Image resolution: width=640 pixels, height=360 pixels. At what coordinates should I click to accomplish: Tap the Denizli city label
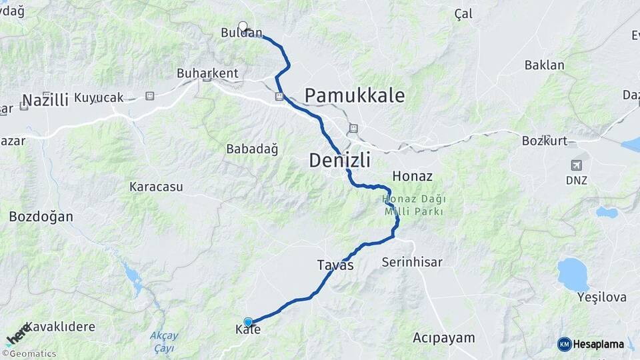click(339, 160)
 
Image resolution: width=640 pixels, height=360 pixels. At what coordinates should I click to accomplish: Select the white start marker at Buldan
click(243, 27)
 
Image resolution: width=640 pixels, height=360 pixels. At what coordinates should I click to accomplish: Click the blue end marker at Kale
click(248, 322)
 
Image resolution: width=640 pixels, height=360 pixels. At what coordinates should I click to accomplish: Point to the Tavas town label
click(335, 265)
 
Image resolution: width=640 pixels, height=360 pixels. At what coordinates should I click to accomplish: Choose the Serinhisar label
click(411, 262)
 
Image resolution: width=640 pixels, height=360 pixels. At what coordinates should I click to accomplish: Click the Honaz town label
click(413, 177)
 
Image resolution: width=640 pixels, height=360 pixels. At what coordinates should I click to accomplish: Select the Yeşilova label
click(602, 297)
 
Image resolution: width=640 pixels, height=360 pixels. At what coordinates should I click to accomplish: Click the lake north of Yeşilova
click(573, 273)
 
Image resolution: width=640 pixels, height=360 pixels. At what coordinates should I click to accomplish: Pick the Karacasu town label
click(156, 187)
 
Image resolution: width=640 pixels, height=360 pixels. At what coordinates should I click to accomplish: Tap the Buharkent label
click(207, 73)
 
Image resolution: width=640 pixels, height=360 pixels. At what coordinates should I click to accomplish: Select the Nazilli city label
click(45, 100)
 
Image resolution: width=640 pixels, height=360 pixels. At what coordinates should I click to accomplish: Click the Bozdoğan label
click(41, 217)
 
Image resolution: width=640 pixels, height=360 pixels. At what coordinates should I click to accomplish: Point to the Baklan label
click(544, 65)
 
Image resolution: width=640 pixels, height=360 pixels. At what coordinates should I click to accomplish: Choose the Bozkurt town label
click(544, 141)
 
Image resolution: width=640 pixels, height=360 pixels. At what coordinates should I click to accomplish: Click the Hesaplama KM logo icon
click(564, 344)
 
